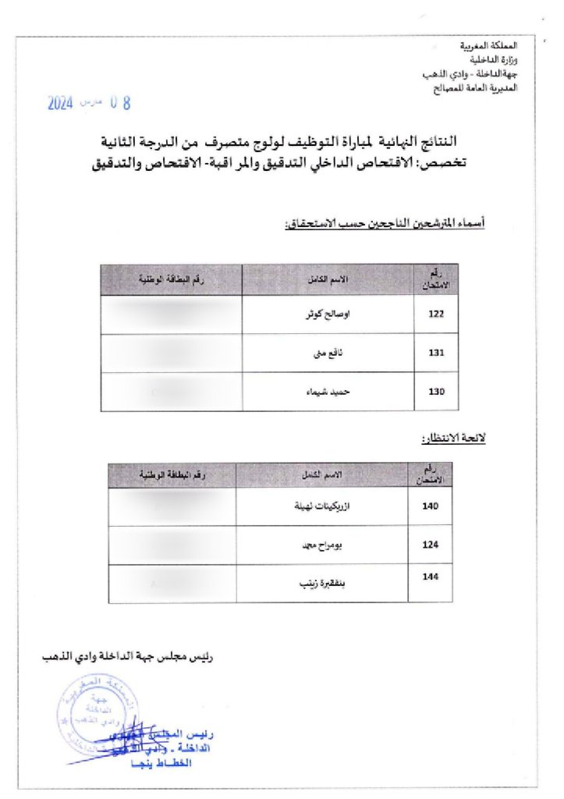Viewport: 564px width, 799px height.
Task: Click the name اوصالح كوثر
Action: [327, 315]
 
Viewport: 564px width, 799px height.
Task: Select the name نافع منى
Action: [335, 353]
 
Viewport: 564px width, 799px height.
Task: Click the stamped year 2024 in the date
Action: [61, 102]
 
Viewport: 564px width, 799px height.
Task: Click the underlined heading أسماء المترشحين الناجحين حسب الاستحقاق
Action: [385, 225]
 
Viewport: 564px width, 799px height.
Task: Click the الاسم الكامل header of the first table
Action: [328, 280]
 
